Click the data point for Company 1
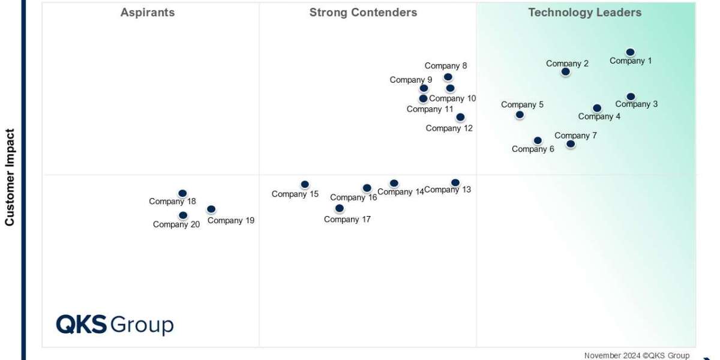click(x=630, y=52)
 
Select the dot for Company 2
click(x=565, y=72)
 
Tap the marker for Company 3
click(x=631, y=97)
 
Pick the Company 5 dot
click(x=520, y=115)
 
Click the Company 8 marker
click(x=448, y=77)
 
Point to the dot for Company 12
click(x=460, y=118)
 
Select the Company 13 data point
click(x=455, y=182)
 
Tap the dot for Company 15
click(x=305, y=184)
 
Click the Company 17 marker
click(x=340, y=208)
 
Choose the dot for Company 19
click(x=211, y=209)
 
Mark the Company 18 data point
click(x=182, y=193)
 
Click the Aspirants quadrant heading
click(x=148, y=13)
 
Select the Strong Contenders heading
click(x=363, y=13)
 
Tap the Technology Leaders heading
click(x=584, y=13)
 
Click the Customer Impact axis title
click(x=10, y=178)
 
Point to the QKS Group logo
click(x=115, y=325)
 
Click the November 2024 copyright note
click(x=637, y=355)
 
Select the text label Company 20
click(x=176, y=224)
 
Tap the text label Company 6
click(x=533, y=149)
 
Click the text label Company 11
click(x=430, y=109)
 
